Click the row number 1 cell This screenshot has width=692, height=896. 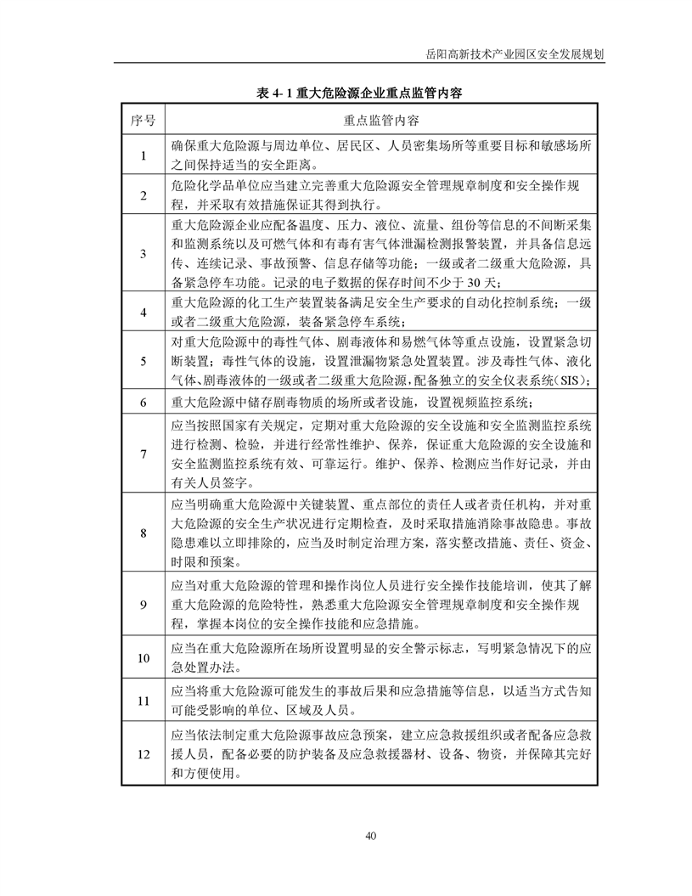(x=143, y=155)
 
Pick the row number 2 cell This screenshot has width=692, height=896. (x=143, y=195)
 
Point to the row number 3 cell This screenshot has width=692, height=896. (x=143, y=253)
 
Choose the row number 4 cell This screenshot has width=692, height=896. (x=143, y=312)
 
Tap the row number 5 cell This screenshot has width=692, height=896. (x=143, y=360)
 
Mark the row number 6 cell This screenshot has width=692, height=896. (x=143, y=402)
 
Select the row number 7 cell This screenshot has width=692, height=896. (x=143, y=454)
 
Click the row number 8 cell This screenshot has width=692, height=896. (x=143, y=533)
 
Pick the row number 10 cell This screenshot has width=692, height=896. (x=143, y=658)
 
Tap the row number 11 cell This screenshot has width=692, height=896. (x=143, y=702)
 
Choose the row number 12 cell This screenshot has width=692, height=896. (x=143, y=753)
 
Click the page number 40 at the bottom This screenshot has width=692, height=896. (x=371, y=836)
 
